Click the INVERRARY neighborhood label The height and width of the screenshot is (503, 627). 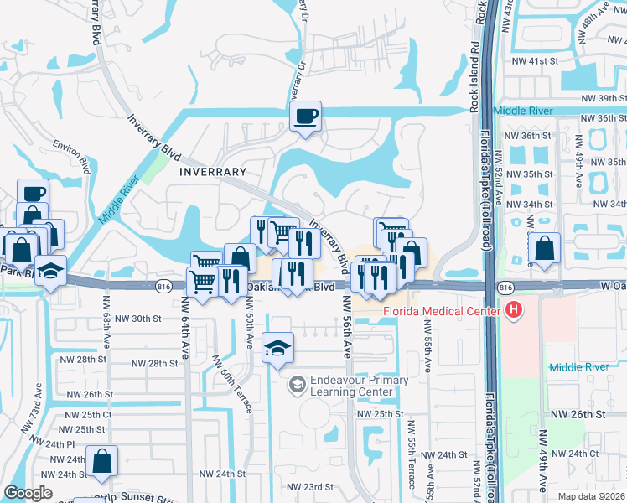click(212, 172)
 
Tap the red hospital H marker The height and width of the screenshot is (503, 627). click(514, 311)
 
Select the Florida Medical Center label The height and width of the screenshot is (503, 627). click(441, 312)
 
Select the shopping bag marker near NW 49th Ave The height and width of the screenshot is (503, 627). click(545, 248)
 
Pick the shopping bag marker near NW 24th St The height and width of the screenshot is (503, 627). click(101, 460)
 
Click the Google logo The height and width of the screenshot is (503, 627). click(28, 493)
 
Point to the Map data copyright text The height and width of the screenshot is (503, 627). click(591, 496)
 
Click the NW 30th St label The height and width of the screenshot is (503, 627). click(137, 319)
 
